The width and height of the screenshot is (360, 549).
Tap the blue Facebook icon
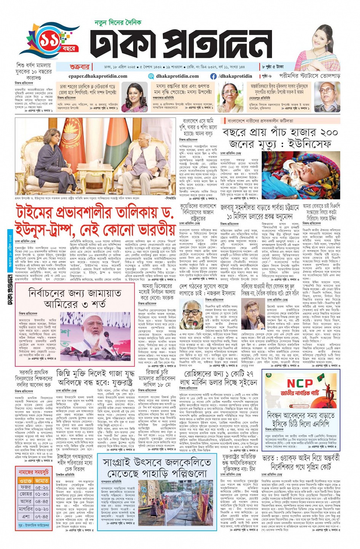(214, 76)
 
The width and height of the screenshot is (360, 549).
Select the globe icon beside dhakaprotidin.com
(151, 76)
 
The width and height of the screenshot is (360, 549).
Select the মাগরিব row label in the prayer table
(26, 509)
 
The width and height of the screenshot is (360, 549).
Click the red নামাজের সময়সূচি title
(34, 472)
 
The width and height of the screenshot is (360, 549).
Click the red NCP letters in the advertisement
(299, 383)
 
